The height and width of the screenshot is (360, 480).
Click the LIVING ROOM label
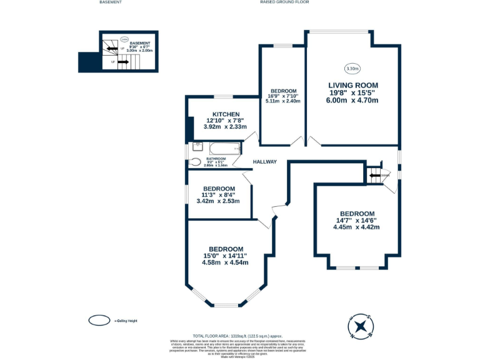(353, 85)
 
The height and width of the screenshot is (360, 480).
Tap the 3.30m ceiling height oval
(352, 68)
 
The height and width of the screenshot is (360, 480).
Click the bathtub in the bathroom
(224, 149)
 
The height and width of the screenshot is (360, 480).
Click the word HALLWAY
(264, 162)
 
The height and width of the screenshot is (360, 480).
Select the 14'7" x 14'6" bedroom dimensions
(356, 220)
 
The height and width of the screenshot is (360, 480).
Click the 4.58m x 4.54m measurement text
(225, 262)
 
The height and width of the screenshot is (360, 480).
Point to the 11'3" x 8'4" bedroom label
(219, 195)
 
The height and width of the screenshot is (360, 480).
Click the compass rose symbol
(360, 326)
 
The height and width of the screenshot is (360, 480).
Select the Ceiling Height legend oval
(99, 321)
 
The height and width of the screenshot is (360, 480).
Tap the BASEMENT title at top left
(111, 2)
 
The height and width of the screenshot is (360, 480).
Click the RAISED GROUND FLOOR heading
(284, 2)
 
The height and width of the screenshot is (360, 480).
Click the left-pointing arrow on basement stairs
(108, 48)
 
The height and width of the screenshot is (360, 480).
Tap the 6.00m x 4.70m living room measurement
(353, 100)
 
